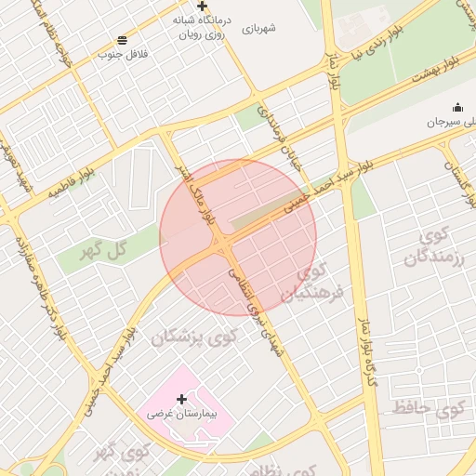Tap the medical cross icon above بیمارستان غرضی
(x=181, y=398)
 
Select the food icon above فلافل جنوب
(x=123, y=39)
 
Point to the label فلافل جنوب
(x=123, y=54)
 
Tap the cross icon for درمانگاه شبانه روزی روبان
(x=202, y=6)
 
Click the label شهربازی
(x=259, y=29)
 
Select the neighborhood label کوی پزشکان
(x=194, y=336)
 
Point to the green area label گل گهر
(x=103, y=249)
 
